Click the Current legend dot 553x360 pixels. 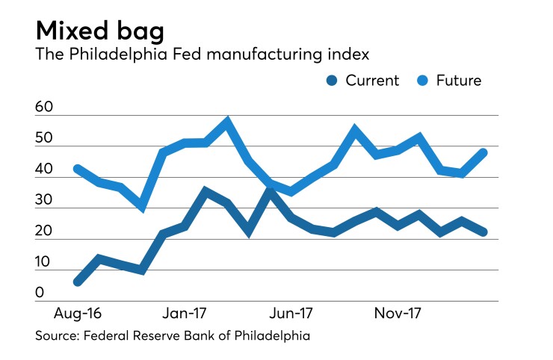(x=332, y=81)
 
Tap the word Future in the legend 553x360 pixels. (x=460, y=81)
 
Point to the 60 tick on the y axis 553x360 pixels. (x=44, y=108)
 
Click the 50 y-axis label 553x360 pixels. (x=44, y=139)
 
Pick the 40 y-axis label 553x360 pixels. (x=44, y=170)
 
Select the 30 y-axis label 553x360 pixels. (x=44, y=201)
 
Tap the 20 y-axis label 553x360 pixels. (x=44, y=232)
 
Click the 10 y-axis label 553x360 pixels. (x=44, y=263)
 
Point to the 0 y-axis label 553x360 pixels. (x=40, y=294)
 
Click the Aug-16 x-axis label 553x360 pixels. (x=75, y=311)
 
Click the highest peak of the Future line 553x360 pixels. (x=227, y=121)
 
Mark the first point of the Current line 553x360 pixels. (x=78, y=282)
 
